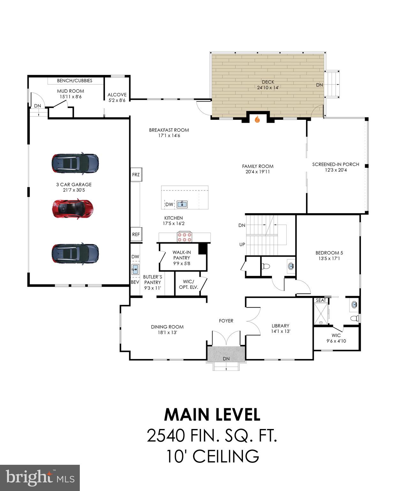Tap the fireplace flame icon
pos(257,120)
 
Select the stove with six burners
pos(184,237)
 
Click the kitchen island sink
pos(182,204)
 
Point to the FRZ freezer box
pos(136,175)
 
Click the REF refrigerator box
pos(136,234)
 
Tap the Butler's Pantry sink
pos(135,269)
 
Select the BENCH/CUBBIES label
pos(75,81)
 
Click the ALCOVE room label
pos(117,95)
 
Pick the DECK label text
pos(268,82)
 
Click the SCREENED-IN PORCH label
pos(336,164)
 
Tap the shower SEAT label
pos(321,300)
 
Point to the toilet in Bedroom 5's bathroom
pos(355,318)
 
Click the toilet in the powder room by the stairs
pos(266,267)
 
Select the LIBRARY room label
pos(280,326)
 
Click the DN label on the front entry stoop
pos(226,359)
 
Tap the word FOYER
pos(226,321)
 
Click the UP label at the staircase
pos(242,244)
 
